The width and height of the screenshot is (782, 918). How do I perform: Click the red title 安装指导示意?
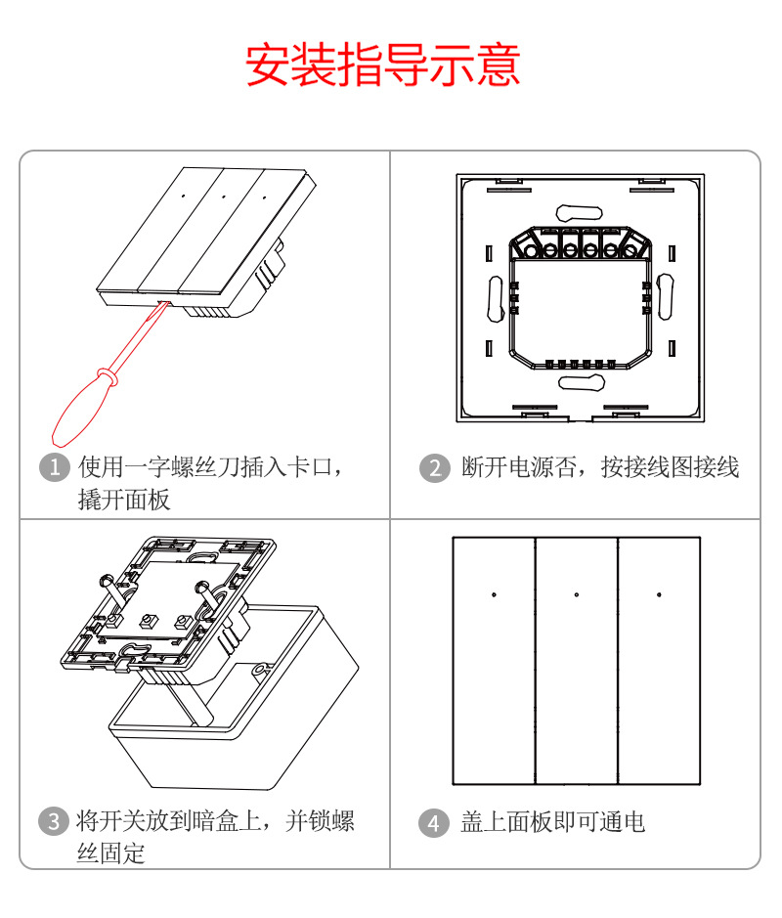pyautogui.click(x=382, y=65)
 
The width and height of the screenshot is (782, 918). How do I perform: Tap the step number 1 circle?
pyautogui.click(x=57, y=467)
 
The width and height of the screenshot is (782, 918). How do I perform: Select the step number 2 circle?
pyautogui.click(x=434, y=467)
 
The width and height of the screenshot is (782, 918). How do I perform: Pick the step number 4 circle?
pyautogui.click(x=434, y=822)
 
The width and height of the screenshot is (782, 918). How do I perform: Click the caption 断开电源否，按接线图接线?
pyautogui.click(x=600, y=467)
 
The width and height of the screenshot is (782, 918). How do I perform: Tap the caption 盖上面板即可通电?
pyautogui.click(x=553, y=822)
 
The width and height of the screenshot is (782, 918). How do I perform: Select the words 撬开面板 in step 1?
pyautogui.click(x=124, y=500)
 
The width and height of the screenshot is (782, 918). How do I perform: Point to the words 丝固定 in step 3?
pyautogui.click(x=111, y=852)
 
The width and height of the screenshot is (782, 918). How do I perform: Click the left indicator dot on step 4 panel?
pyautogui.click(x=494, y=594)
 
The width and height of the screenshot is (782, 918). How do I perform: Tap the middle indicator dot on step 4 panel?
pyautogui.click(x=577, y=594)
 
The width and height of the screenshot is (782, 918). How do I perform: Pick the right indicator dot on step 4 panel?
pyautogui.click(x=659, y=594)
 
